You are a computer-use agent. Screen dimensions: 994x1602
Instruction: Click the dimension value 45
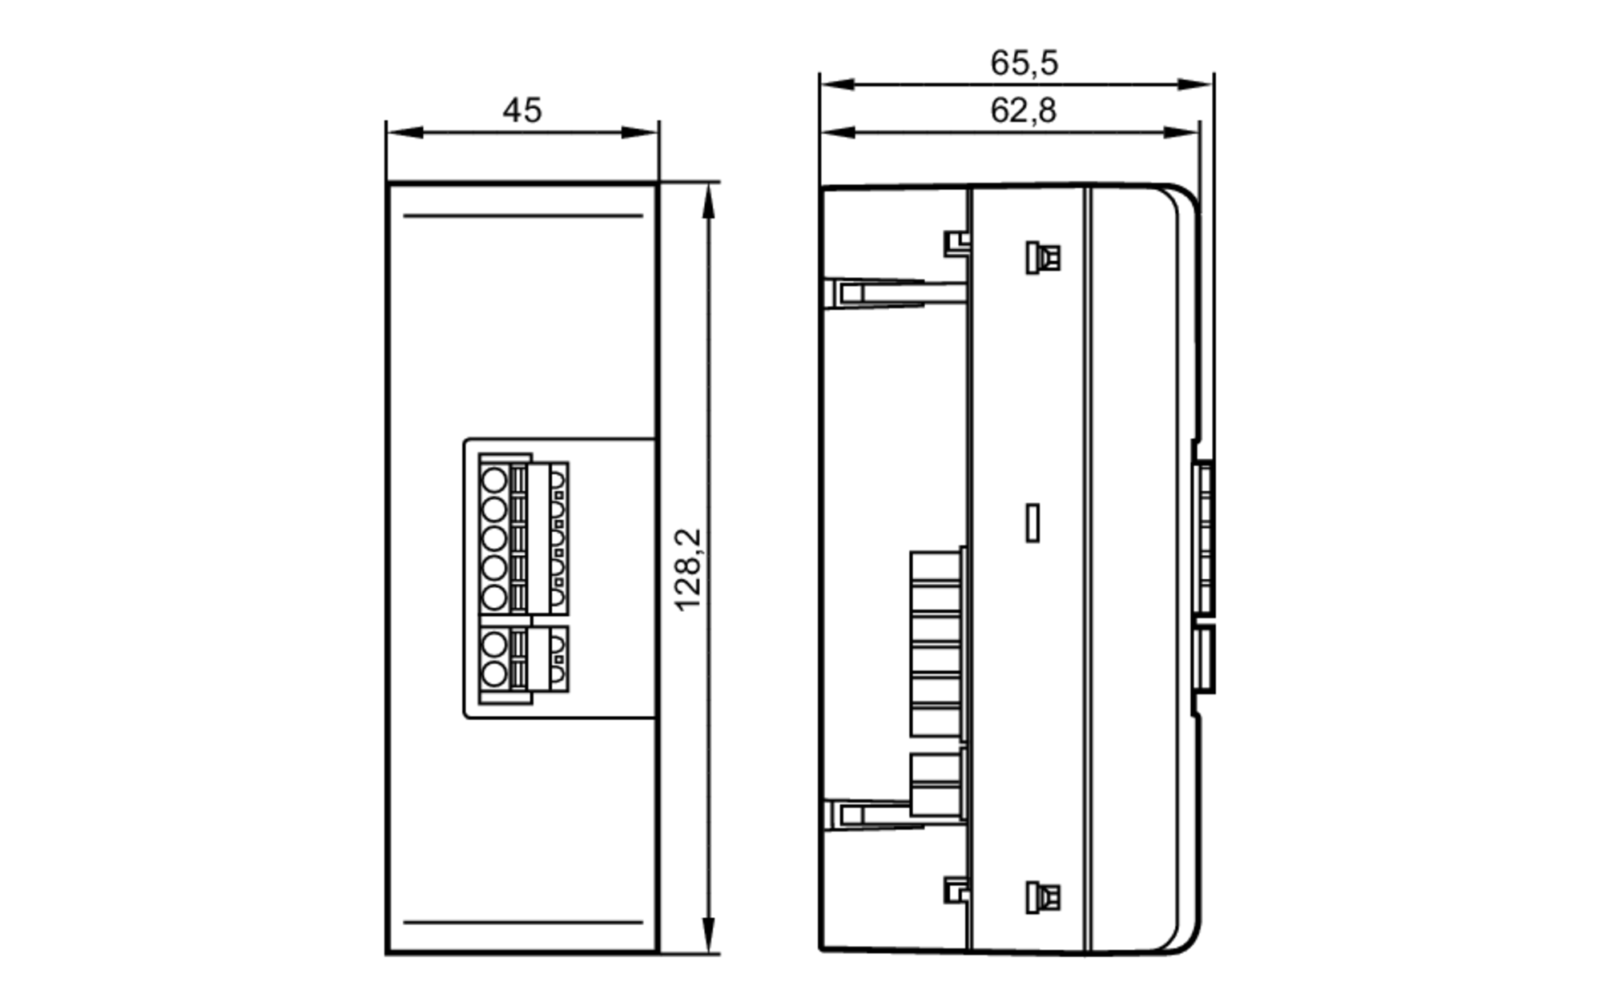(522, 111)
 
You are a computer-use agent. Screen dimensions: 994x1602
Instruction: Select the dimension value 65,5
(1024, 63)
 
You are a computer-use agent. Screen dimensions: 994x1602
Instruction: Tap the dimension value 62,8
(1023, 111)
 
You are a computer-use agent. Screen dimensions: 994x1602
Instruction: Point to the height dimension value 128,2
(688, 569)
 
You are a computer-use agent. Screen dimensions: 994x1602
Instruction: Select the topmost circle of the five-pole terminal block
(494, 481)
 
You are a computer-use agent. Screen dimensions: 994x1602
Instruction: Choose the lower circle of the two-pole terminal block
(494, 674)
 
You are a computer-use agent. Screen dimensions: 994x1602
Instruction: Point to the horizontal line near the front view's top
(523, 215)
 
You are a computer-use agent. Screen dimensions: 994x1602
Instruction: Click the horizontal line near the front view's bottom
(523, 922)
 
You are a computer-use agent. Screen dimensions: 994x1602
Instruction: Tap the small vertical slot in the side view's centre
(1033, 522)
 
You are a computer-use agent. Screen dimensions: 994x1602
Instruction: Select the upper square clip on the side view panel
(1043, 258)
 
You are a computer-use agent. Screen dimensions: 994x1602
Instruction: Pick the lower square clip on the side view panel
(1043, 897)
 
